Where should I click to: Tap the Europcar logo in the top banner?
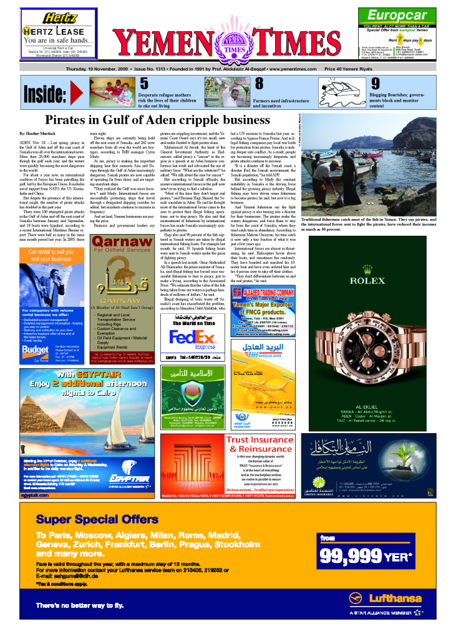[397, 16]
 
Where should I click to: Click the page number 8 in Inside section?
[260, 83]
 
